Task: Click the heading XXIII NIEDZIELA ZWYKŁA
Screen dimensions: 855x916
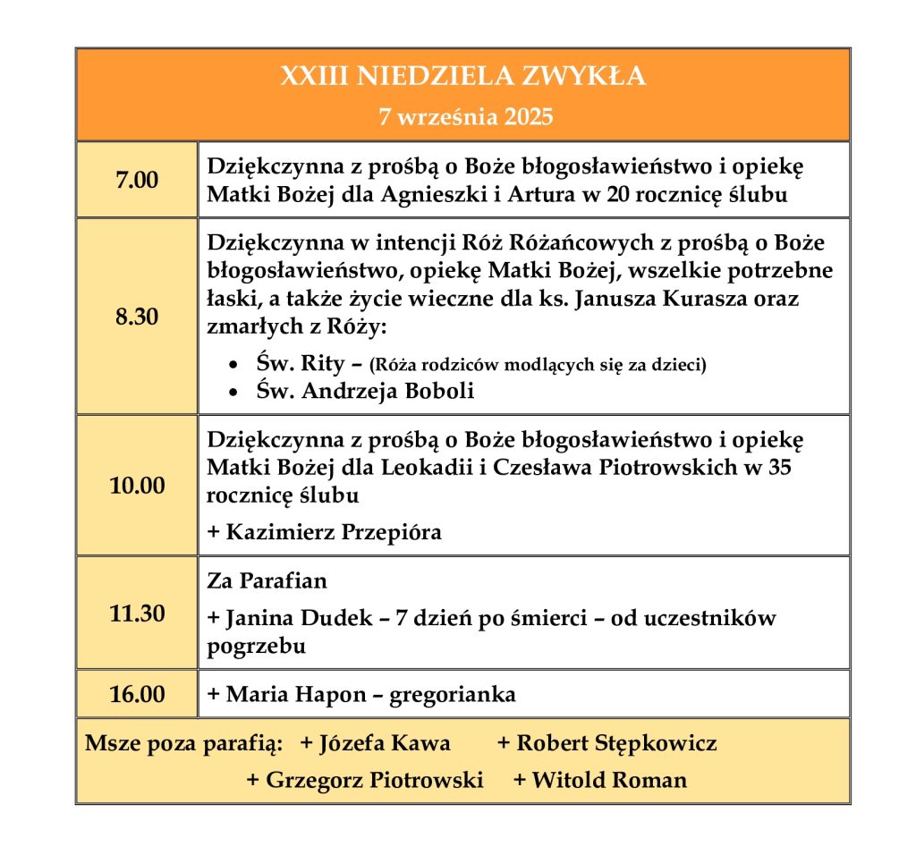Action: (462, 77)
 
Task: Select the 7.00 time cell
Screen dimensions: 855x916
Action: (137, 180)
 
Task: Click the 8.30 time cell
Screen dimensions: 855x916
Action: (137, 317)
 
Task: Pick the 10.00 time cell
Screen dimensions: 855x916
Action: (137, 486)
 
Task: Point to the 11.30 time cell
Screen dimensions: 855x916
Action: (137, 614)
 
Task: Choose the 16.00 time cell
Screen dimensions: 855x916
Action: (137, 694)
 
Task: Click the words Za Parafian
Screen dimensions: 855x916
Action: (267, 580)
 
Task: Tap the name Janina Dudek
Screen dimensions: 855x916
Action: (285, 618)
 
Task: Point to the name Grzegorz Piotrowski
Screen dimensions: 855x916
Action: (374, 780)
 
